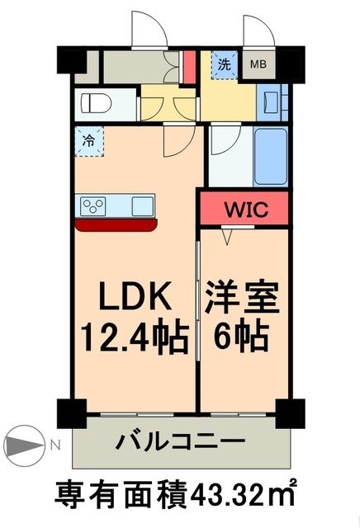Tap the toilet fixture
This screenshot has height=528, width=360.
(x=97, y=106)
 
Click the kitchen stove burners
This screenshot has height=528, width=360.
(x=92, y=205)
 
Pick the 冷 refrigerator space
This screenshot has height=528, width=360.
(x=88, y=140)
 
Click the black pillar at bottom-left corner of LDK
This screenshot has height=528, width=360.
(x=70, y=410)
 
